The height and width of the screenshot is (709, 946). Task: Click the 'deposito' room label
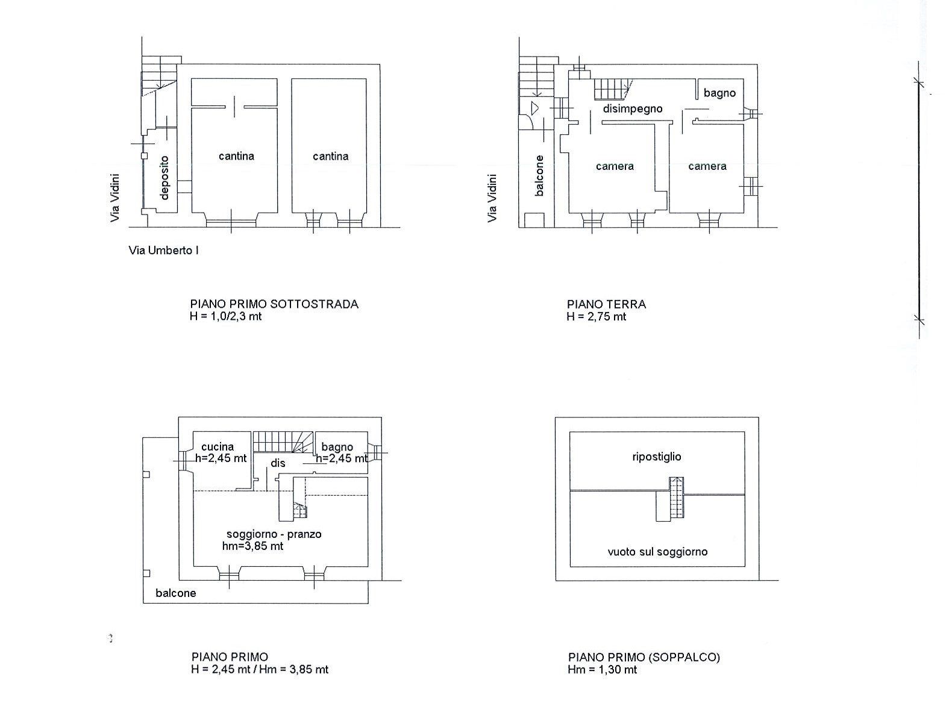point(164,178)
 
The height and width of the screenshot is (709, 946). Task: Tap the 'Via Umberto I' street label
point(163,250)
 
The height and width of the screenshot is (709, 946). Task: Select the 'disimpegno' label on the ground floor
point(632,108)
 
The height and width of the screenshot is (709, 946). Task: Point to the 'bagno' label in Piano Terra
point(719,93)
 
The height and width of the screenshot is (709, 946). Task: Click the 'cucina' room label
point(218,447)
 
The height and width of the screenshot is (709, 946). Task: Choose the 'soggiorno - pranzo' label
point(274,534)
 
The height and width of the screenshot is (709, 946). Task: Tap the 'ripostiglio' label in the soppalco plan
point(657,457)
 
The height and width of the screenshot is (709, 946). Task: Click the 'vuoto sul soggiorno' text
point(657,552)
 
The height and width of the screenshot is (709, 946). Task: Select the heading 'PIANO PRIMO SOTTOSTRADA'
point(275,304)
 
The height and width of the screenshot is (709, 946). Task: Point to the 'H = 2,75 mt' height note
point(597,317)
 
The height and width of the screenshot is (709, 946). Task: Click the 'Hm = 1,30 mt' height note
point(603,670)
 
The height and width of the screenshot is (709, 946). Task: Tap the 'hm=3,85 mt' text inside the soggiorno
point(252,546)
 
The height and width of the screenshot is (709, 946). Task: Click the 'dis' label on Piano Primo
point(278,463)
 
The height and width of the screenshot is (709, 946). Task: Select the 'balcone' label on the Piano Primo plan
point(176,593)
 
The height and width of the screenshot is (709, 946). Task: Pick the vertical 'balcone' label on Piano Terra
point(539,176)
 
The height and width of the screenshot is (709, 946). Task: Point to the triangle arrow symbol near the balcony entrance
point(535,108)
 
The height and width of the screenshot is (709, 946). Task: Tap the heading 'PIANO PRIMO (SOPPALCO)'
point(644,657)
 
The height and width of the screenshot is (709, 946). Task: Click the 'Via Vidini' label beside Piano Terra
point(492,198)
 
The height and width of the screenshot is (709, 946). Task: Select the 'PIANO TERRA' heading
point(606,304)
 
